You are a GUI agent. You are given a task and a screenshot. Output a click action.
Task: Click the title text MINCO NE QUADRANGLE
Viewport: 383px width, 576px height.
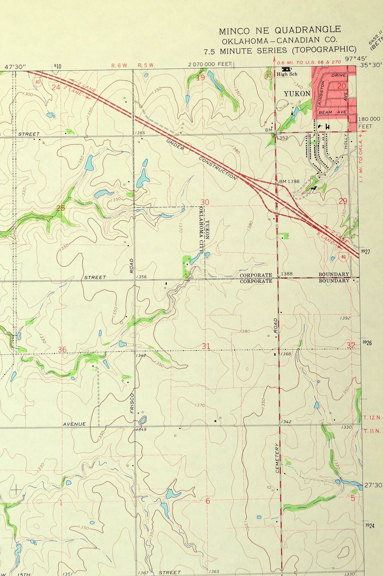point(280,31)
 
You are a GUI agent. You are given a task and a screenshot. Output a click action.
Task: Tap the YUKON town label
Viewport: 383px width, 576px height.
point(297,94)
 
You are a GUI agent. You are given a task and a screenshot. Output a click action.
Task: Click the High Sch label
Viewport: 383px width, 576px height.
point(287,74)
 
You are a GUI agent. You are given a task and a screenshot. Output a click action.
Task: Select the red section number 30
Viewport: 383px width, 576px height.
point(205,202)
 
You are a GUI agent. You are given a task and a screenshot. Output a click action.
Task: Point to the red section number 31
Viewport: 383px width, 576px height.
point(206,346)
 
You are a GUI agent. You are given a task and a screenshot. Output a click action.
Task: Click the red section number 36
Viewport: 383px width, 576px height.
point(62,349)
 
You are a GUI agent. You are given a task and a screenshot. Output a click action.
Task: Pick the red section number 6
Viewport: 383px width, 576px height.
point(208,501)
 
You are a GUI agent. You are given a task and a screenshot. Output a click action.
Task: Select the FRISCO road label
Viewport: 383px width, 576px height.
point(132,403)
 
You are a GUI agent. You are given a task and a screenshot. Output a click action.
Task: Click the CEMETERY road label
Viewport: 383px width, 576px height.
point(278,458)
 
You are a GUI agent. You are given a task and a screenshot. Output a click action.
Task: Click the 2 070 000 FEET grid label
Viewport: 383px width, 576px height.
point(210,64)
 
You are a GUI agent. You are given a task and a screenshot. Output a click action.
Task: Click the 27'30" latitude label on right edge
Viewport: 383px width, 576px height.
point(373,485)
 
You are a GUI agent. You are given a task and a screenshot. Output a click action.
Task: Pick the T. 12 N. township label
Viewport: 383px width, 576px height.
point(373,418)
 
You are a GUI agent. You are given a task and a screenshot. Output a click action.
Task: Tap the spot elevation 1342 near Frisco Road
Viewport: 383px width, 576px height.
point(141,355)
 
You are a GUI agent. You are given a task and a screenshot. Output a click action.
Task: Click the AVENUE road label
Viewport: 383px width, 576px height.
point(74,424)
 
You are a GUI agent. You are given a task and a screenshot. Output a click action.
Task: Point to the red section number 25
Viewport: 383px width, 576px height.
point(60,208)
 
